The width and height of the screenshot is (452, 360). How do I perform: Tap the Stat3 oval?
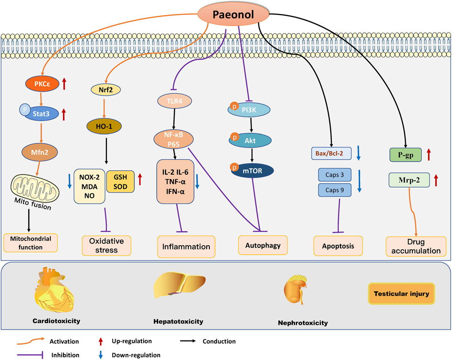click(x=46, y=112)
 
